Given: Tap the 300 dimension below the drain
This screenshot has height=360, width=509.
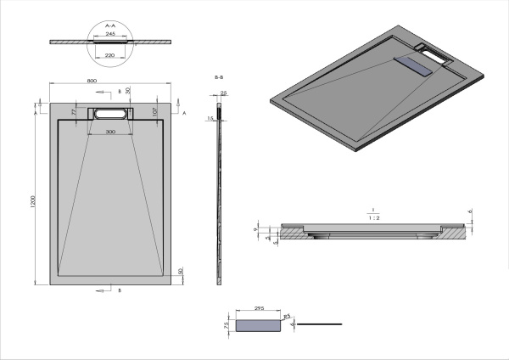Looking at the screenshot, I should click(110, 132).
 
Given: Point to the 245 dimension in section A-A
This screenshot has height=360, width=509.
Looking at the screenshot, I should click(110, 35).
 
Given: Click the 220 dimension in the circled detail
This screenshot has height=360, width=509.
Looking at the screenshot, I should click(110, 55).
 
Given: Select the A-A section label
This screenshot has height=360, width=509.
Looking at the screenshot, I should click(110, 26).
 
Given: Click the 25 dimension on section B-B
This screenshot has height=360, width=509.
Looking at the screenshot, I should click(223, 93).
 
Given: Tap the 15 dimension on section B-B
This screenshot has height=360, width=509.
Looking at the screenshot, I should click(210, 119).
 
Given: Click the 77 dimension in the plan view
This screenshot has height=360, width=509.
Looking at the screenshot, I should click(74, 111).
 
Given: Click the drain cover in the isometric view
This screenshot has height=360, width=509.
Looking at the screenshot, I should click(415, 64).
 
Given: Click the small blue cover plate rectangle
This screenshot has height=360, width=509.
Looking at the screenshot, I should click(260, 324).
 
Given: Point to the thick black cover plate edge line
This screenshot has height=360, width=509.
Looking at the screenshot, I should click(322, 323).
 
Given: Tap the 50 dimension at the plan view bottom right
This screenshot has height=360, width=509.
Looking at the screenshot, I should click(181, 272).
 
